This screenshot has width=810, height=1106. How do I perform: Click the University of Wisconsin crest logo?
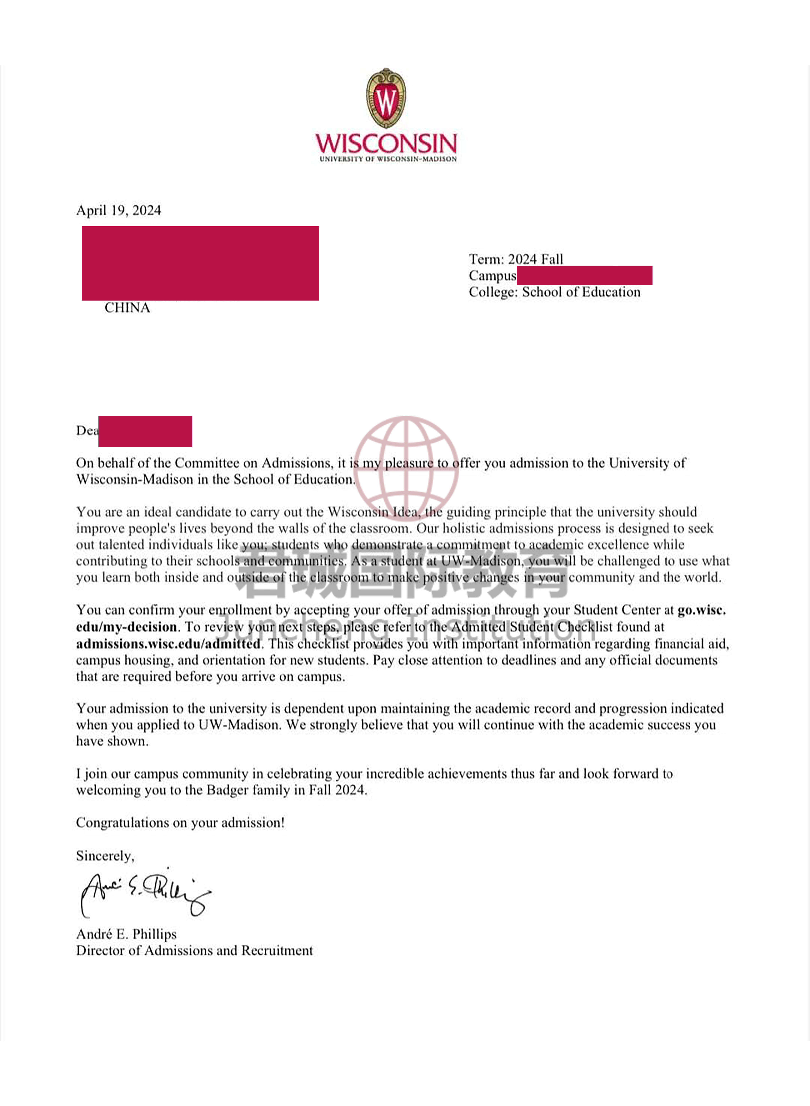coord(386,98)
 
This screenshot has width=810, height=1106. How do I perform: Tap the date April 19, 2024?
coord(119,210)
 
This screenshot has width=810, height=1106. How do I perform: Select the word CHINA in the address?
coord(127,308)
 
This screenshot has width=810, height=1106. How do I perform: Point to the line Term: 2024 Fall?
coord(516,259)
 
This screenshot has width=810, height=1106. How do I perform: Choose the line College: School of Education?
coord(554,292)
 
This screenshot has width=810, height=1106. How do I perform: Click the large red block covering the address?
coord(200,263)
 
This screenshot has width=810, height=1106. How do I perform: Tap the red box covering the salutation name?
coord(145,431)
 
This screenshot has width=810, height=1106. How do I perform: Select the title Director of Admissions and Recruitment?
coord(194,951)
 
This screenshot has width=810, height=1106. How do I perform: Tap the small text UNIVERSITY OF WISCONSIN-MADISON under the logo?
coord(388,159)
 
